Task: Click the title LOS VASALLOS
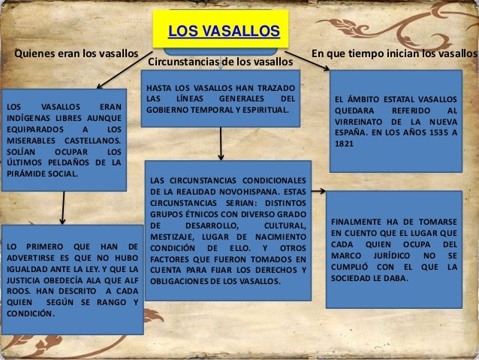coord(223,32)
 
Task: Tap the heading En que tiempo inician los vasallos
coord(394,54)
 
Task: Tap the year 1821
coord(344,143)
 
